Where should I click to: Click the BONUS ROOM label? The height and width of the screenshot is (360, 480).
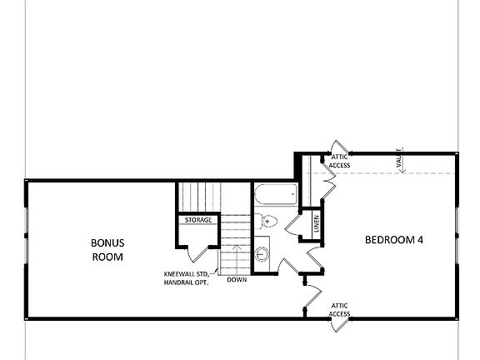(107, 250)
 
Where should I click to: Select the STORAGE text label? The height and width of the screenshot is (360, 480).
(197, 220)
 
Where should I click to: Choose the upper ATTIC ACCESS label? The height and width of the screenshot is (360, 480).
(340, 161)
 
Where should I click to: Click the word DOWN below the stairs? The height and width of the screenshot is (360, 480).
(237, 280)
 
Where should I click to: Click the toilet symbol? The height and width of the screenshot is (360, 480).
(264, 221)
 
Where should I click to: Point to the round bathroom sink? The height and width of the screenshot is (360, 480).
(264, 254)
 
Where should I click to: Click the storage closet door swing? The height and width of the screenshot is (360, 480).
(189, 251)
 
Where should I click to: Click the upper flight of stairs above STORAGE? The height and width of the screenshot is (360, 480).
(198, 197)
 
